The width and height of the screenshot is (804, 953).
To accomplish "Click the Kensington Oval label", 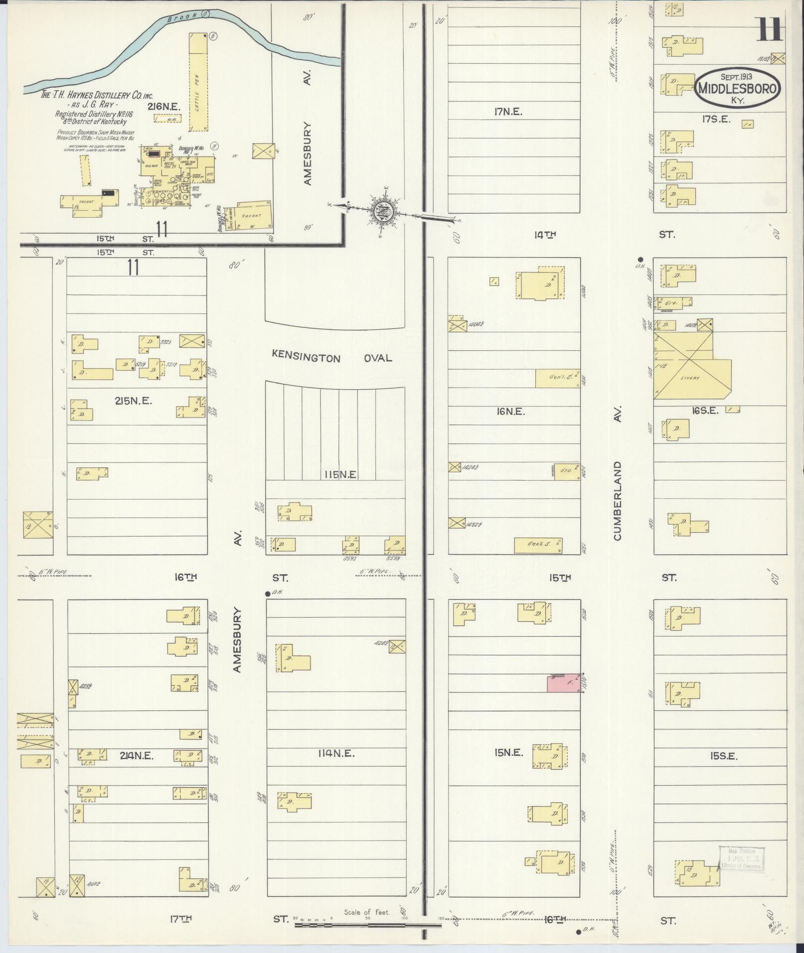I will [331, 358].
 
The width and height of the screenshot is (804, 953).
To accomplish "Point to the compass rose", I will [384, 211].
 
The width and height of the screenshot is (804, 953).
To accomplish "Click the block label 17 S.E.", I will [716, 119].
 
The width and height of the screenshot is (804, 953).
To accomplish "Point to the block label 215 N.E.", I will [133, 400].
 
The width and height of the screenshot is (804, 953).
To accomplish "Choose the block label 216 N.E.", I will [163, 106].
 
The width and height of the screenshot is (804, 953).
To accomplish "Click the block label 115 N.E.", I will [338, 475].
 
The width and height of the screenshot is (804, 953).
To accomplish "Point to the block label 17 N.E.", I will [508, 112].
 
